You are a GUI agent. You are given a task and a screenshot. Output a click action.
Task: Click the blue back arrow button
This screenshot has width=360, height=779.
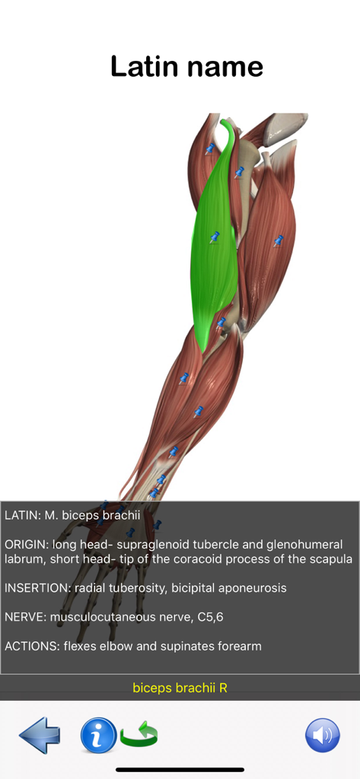(40, 735)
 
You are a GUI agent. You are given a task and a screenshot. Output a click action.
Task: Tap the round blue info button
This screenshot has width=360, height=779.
(98, 735)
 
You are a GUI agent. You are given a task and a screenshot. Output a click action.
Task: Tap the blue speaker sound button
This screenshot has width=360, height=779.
(322, 735)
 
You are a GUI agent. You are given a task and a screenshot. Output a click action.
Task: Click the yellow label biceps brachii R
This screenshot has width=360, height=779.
(180, 688)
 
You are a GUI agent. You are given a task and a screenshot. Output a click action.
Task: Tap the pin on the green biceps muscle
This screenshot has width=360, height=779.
(215, 237)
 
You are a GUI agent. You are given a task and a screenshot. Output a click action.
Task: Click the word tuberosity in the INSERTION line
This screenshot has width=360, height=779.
(137, 588)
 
